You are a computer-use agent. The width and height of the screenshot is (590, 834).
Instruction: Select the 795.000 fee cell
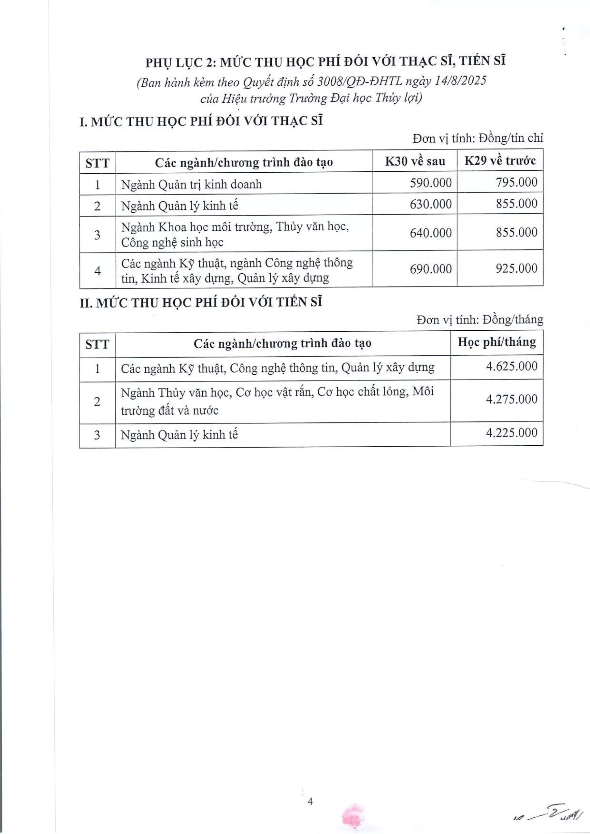(x=517, y=182)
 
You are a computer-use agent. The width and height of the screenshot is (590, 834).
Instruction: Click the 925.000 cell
(x=517, y=268)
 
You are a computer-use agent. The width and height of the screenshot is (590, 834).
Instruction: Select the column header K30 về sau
(x=415, y=161)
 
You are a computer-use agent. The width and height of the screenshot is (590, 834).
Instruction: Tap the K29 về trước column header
(x=500, y=161)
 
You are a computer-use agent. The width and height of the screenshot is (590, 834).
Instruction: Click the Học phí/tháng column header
(x=496, y=342)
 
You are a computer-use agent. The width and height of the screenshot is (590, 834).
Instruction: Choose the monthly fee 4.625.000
(x=511, y=366)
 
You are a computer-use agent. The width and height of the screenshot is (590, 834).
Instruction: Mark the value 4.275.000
(x=511, y=399)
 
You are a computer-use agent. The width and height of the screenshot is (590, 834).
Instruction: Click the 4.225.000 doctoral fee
(x=511, y=433)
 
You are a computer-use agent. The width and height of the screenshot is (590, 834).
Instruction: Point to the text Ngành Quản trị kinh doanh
(x=192, y=184)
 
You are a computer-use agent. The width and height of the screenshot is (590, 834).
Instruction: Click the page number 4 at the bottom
(x=310, y=802)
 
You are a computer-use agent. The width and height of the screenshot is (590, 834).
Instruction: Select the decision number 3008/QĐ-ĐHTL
(x=360, y=81)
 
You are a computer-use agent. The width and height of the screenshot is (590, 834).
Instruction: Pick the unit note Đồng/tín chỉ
(x=511, y=138)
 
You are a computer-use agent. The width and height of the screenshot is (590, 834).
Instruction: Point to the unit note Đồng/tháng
(x=512, y=320)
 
